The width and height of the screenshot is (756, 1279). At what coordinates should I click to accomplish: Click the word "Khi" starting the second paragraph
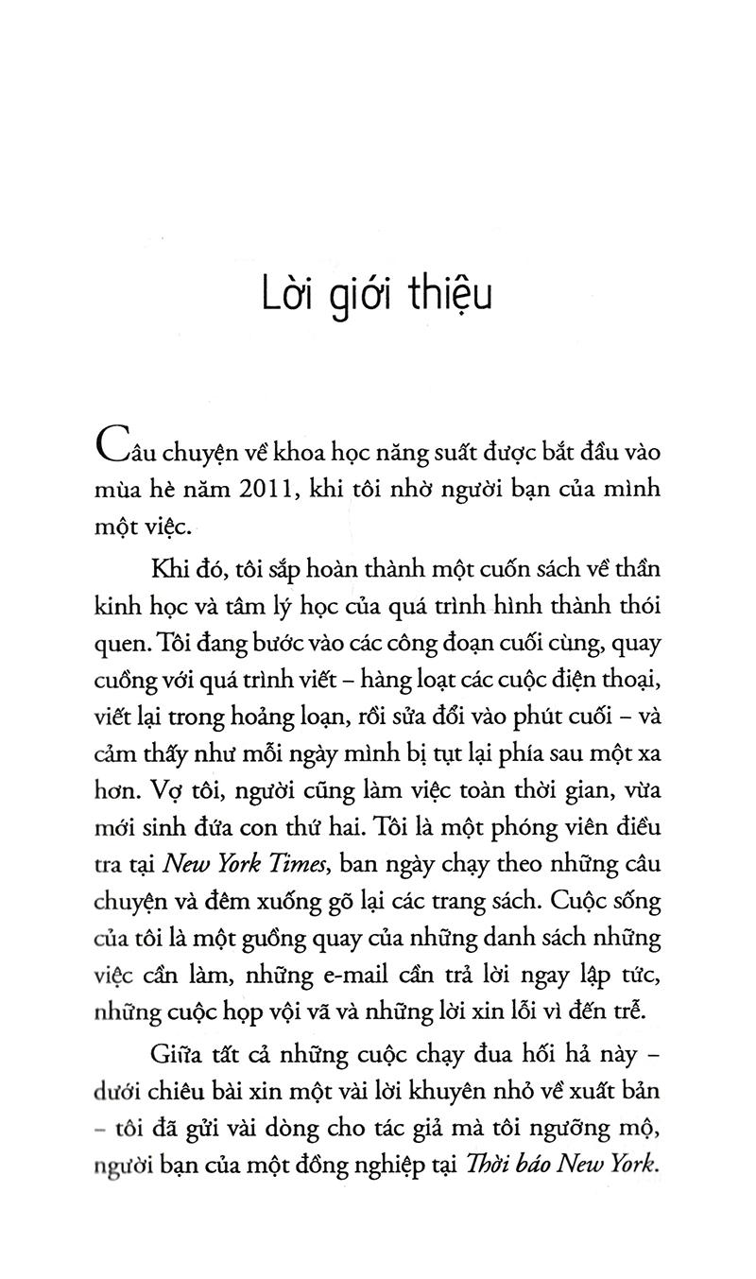point(167,571)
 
